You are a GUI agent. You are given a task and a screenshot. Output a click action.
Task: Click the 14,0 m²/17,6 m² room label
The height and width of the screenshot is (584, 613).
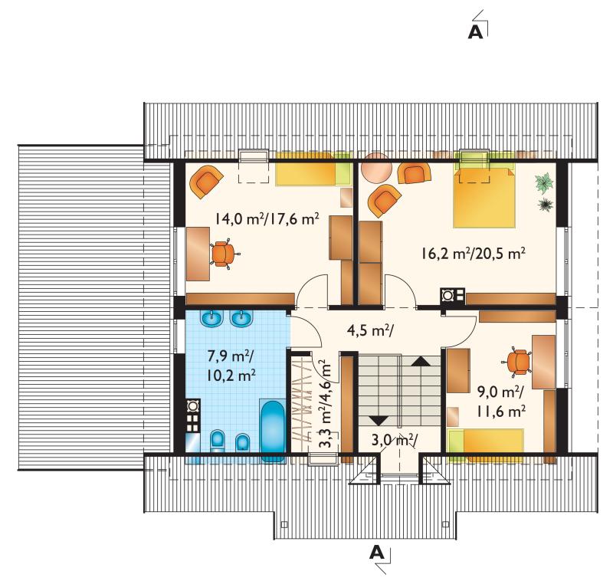pos(267,219)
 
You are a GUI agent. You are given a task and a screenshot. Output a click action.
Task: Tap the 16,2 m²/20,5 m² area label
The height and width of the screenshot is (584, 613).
pos(473,254)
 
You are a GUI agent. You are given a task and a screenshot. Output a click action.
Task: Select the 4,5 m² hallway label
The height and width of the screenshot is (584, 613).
pos(370,330)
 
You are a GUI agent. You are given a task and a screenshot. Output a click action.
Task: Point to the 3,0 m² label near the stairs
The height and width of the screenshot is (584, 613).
pos(394,440)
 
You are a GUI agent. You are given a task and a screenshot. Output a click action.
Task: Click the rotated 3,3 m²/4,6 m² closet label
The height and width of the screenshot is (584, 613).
pos(324,405)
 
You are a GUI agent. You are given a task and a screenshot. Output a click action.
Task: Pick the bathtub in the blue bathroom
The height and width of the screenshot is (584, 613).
pos(273,431)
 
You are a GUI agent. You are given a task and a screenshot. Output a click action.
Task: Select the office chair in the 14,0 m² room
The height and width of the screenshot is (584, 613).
pos(225,254)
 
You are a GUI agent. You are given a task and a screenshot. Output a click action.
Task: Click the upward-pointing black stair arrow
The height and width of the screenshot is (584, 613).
pos(421,361)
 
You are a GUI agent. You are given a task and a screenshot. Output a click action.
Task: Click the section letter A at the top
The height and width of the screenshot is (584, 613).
pos(475,32)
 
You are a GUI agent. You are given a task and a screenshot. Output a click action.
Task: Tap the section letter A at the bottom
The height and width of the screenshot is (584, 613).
pos(376,553)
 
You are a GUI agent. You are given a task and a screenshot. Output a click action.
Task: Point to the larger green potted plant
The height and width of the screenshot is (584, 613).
pos(544,183)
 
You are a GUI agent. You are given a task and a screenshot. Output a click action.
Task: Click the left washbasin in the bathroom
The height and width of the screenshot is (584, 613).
pos(211,319)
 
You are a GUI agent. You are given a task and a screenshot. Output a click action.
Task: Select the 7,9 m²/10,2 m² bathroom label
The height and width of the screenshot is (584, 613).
pos(231,366)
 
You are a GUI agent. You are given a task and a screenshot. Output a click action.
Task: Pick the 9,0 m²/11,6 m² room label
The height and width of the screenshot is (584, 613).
pos(500,401)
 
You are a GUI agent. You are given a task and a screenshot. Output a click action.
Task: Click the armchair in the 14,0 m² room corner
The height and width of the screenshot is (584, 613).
pos(205,182)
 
